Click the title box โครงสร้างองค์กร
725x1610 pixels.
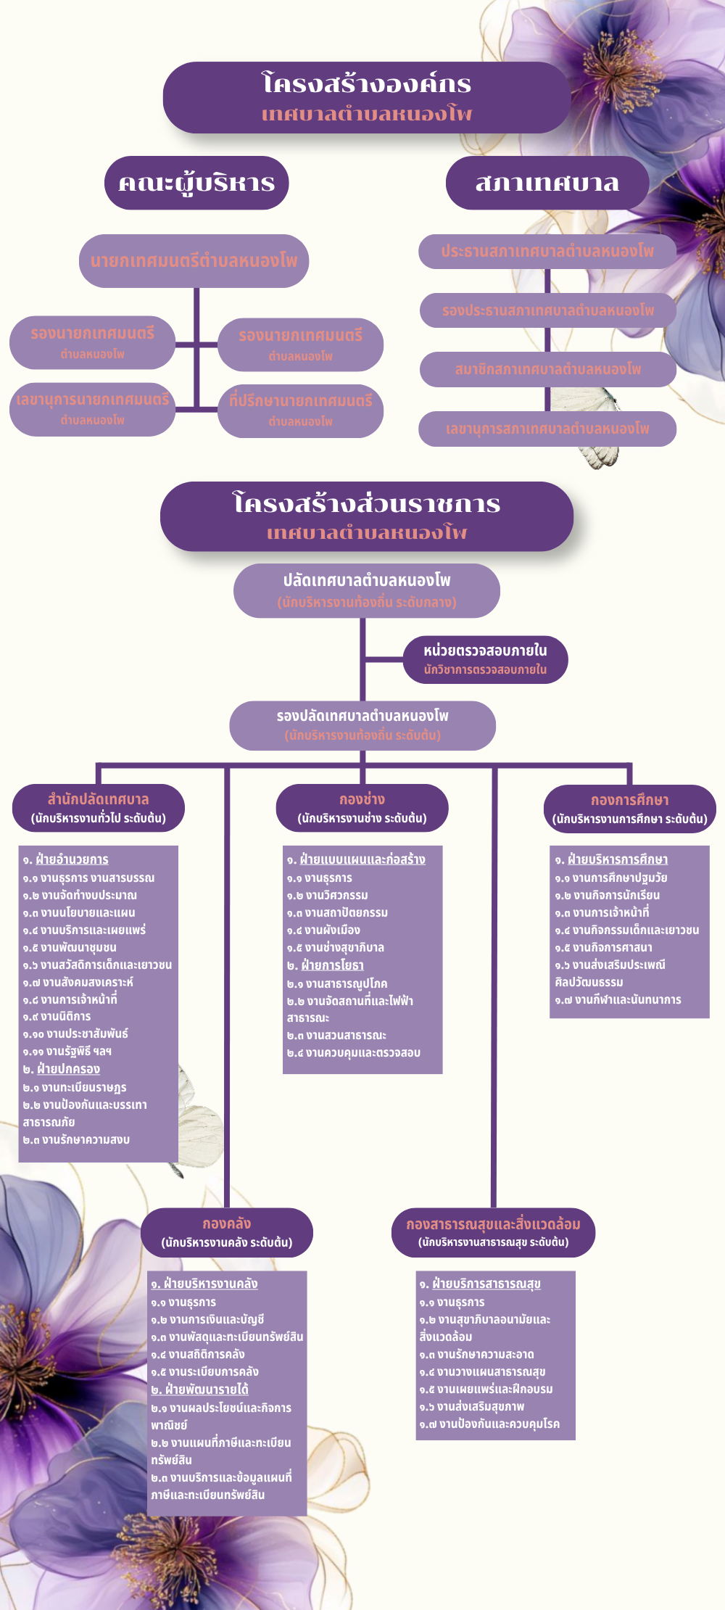point(366,97)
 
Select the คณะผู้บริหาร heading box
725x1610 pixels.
point(196,183)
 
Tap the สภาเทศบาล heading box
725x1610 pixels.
point(547,183)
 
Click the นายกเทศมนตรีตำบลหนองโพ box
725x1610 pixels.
point(194,260)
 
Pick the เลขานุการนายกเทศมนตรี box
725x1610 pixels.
point(92,409)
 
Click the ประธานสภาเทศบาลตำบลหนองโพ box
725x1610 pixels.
point(547,251)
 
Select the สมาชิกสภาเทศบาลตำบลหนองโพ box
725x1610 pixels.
point(547,369)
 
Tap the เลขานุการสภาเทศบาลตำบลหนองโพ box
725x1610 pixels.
point(547,429)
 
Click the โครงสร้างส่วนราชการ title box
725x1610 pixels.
point(366,516)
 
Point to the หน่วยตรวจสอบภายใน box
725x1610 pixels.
point(485,659)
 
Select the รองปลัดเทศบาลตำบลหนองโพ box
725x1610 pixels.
point(362,724)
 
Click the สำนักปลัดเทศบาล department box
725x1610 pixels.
point(99,808)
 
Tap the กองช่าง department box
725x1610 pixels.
point(362,808)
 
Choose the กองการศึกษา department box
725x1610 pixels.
point(629,809)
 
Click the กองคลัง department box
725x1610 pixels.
point(226,1232)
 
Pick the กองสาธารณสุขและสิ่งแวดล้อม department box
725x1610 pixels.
point(493,1232)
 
